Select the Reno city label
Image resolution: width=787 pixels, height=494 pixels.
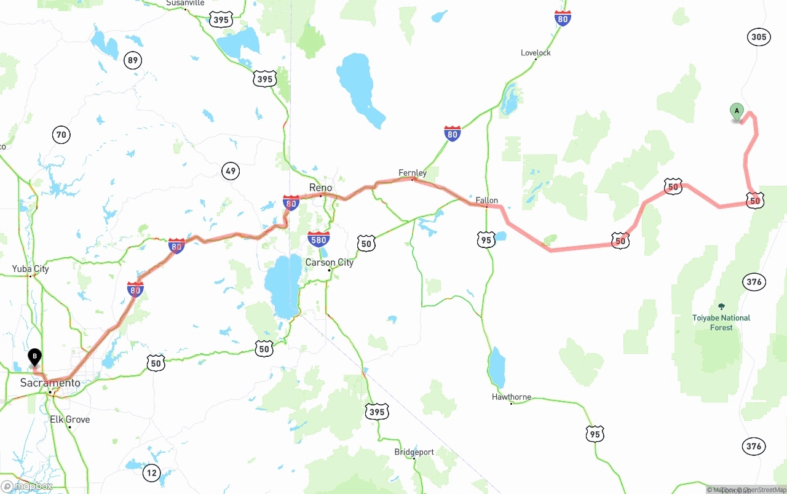click(x=320, y=188)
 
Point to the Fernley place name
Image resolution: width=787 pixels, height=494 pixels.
click(x=413, y=173)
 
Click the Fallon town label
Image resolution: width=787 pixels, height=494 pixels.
click(x=486, y=200)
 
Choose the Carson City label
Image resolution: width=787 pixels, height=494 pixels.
click(x=330, y=263)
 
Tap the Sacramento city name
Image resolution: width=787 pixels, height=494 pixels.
click(x=50, y=383)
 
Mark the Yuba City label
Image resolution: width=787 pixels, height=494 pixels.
click(x=30, y=269)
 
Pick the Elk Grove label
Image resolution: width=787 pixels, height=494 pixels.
click(x=69, y=420)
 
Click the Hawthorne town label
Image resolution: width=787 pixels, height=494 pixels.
click(x=512, y=397)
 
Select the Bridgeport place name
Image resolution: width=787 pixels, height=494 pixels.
click(x=414, y=452)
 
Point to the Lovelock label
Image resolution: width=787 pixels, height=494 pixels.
click(x=536, y=53)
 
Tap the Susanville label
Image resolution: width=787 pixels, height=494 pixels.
click(x=185, y=3)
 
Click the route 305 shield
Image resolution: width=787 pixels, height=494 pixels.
click(x=759, y=37)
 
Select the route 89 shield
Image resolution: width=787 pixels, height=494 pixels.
click(x=132, y=60)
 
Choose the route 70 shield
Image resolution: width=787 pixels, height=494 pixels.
click(x=61, y=135)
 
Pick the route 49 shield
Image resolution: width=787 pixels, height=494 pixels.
click(x=231, y=171)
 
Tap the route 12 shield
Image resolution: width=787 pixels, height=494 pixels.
click(x=151, y=472)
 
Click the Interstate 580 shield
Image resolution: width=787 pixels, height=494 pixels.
click(x=318, y=239)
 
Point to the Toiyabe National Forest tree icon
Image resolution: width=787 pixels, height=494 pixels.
click(x=721, y=306)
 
